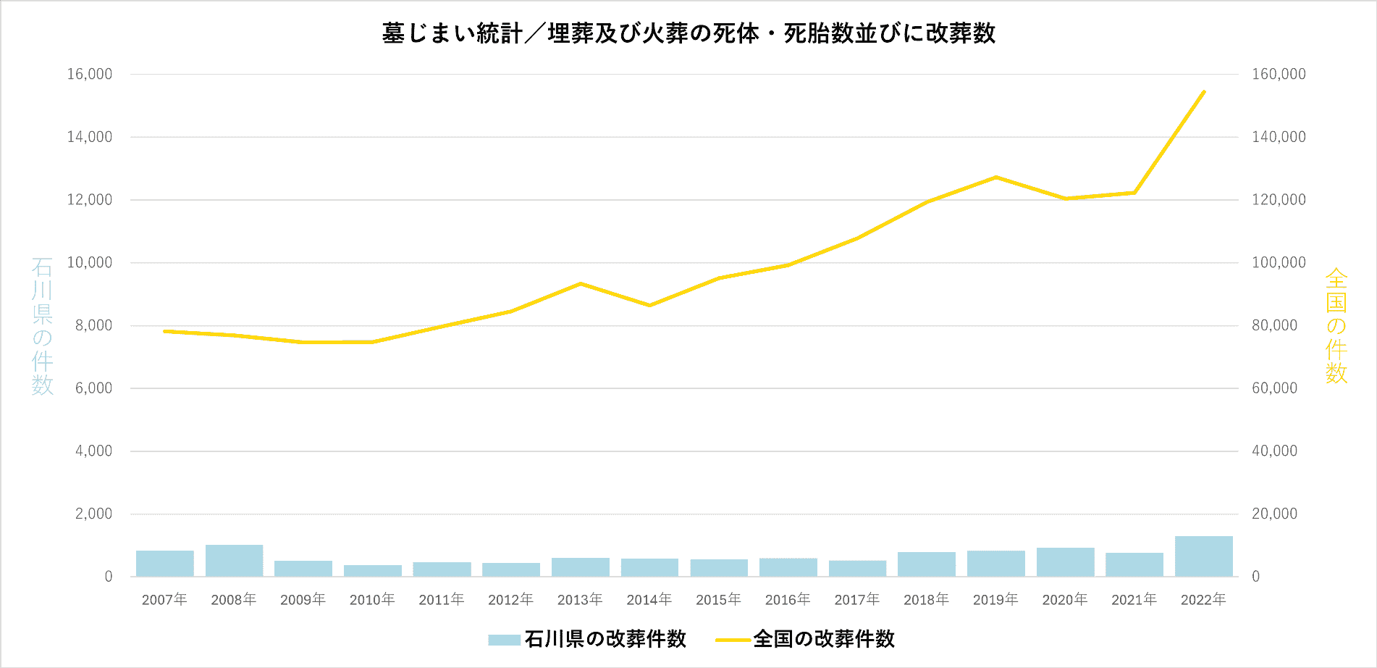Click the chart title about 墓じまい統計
click(x=688, y=33)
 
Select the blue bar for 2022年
click(x=1203, y=556)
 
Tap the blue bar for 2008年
click(x=234, y=561)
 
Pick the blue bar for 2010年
click(x=372, y=571)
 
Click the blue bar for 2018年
click(x=926, y=564)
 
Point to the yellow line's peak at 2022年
click(x=1203, y=92)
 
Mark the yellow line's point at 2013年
click(x=581, y=283)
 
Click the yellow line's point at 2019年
click(x=995, y=177)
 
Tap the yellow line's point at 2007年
click(x=165, y=331)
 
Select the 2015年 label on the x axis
click(x=718, y=600)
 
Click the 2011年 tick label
click(x=441, y=600)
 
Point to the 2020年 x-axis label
click(x=1064, y=600)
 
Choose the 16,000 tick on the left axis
click(x=90, y=74)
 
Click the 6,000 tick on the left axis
click(x=93, y=388)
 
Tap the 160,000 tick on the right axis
click(x=1279, y=74)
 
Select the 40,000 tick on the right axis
click(x=1274, y=451)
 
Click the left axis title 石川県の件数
click(x=42, y=326)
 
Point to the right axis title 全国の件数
click(x=1336, y=326)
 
